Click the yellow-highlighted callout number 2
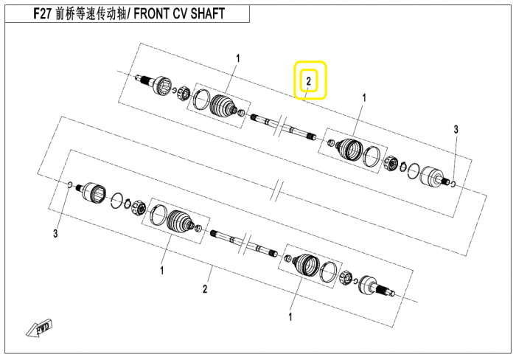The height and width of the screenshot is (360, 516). (x=308, y=81)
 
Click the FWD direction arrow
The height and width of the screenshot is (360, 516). (x=40, y=328)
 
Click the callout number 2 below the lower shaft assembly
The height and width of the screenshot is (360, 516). (x=205, y=289)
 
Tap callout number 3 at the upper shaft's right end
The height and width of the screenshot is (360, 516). (x=456, y=129)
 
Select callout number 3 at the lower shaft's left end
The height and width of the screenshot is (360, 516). (x=55, y=234)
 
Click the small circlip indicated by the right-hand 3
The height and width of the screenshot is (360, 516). (x=453, y=184)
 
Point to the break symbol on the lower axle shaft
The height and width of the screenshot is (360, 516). (x=245, y=243)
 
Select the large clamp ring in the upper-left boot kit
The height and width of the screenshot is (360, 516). (x=201, y=99)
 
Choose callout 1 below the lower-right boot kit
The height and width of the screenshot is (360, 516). (x=290, y=317)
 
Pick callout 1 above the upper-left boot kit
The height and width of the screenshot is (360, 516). (x=238, y=59)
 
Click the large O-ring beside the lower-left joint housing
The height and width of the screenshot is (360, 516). (x=116, y=201)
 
